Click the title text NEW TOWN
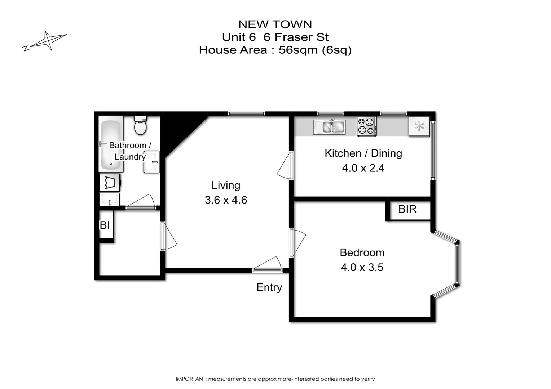coord(275,24)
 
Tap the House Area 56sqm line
coord(275,50)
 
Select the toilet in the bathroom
coord(140,125)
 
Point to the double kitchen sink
coord(329,127)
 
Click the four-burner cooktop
coord(367,126)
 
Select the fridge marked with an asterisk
coord(419,126)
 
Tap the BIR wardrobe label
coord(407,209)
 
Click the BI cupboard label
coord(105,225)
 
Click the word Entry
coord(269,287)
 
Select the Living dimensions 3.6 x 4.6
coord(226,200)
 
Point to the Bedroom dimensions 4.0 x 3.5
coord(362,267)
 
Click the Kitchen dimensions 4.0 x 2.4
coord(363,168)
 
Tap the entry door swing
coord(268,265)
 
